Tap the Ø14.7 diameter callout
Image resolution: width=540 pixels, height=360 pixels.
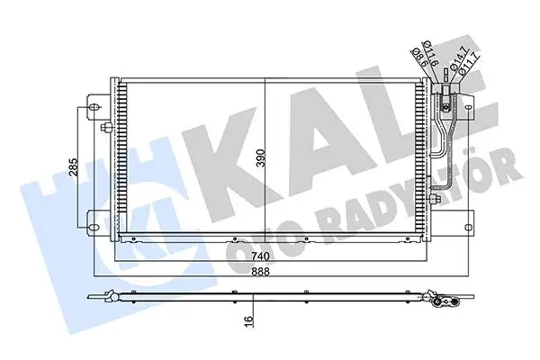pyautogui.click(x=456, y=59)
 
